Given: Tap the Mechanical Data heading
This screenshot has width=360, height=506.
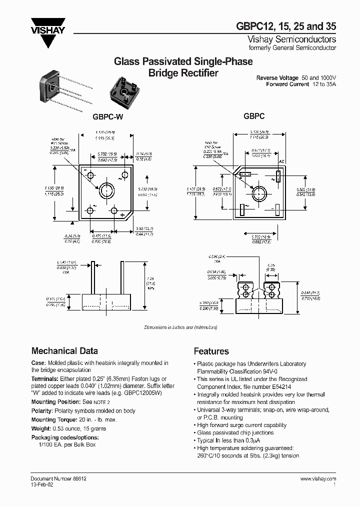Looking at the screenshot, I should coord(64,351).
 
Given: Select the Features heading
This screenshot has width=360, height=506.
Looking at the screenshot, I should coord(211,351).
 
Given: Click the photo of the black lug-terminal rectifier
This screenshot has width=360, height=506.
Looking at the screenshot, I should coord(124,89).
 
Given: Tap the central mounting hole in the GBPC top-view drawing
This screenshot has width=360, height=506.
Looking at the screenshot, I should coord(259,193).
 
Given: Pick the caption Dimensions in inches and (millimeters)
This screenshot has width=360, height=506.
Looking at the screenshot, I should coord(180,327).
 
